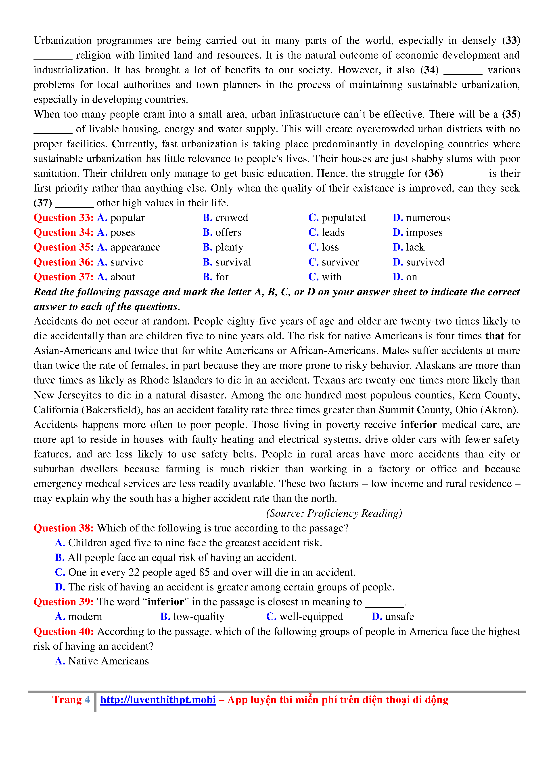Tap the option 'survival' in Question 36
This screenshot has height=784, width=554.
[233, 262]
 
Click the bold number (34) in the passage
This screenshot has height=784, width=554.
[429, 70]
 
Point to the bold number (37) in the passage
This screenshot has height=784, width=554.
[43, 203]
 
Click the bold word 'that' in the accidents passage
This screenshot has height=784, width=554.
[494, 336]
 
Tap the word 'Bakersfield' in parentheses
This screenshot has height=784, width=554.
[112, 410]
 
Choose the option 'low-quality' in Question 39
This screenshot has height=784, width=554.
[199, 616]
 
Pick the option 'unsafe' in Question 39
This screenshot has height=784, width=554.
[399, 616]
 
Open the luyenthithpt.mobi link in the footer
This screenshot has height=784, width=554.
[158, 700]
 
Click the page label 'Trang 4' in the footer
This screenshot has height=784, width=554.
[71, 700]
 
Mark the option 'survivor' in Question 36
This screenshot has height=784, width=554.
[340, 262]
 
